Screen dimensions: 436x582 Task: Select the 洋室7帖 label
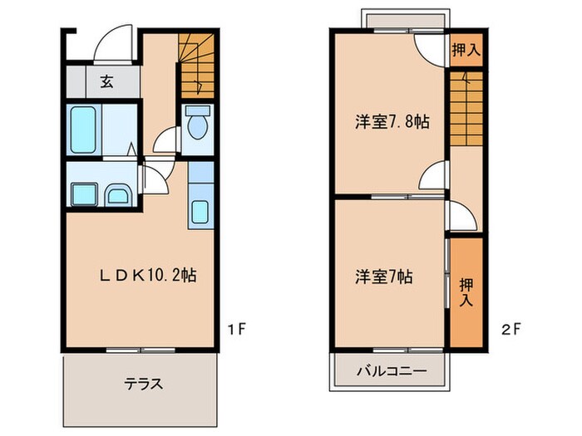pyautogui.click(x=387, y=275)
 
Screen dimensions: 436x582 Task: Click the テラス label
pyautogui.click(x=143, y=384)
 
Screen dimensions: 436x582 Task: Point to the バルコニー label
pyautogui.click(x=392, y=370)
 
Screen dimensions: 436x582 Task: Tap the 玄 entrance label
pyautogui.click(x=107, y=81)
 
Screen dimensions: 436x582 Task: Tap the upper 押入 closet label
pyautogui.click(x=466, y=49)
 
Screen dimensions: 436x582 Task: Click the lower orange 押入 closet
pyautogui.click(x=466, y=292)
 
